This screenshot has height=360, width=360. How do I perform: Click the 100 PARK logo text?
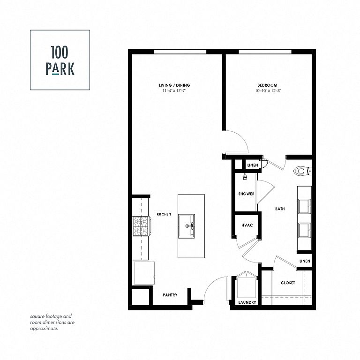(x=60, y=60)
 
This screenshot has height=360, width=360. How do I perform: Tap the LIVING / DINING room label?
(x=174, y=85)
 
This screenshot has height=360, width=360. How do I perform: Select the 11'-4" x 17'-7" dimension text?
(x=174, y=90)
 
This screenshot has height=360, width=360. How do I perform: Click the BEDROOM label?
(x=267, y=85)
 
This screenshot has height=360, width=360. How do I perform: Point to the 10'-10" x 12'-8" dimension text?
(x=268, y=90)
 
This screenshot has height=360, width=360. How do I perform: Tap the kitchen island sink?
(x=187, y=226)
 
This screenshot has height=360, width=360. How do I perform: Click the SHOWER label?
(x=246, y=194)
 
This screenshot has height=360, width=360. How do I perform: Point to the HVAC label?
(x=247, y=225)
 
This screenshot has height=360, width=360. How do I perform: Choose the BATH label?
(x=280, y=209)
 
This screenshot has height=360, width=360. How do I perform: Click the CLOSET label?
(x=288, y=283)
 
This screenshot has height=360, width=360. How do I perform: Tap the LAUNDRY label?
(x=247, y=302)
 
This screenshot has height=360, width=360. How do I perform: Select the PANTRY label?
(x=170, y=295)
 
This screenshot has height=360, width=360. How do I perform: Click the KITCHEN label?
(x=164, y=214)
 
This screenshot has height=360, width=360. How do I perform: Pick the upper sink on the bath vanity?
(x=305, y=206)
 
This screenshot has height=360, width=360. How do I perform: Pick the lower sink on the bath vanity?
(x=305, y=230)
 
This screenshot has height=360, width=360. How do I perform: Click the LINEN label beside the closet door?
(x=305, y=261)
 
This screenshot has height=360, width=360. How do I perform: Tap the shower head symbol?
(x=246, y=177)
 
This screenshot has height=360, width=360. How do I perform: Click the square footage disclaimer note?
(x=52, y=322)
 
